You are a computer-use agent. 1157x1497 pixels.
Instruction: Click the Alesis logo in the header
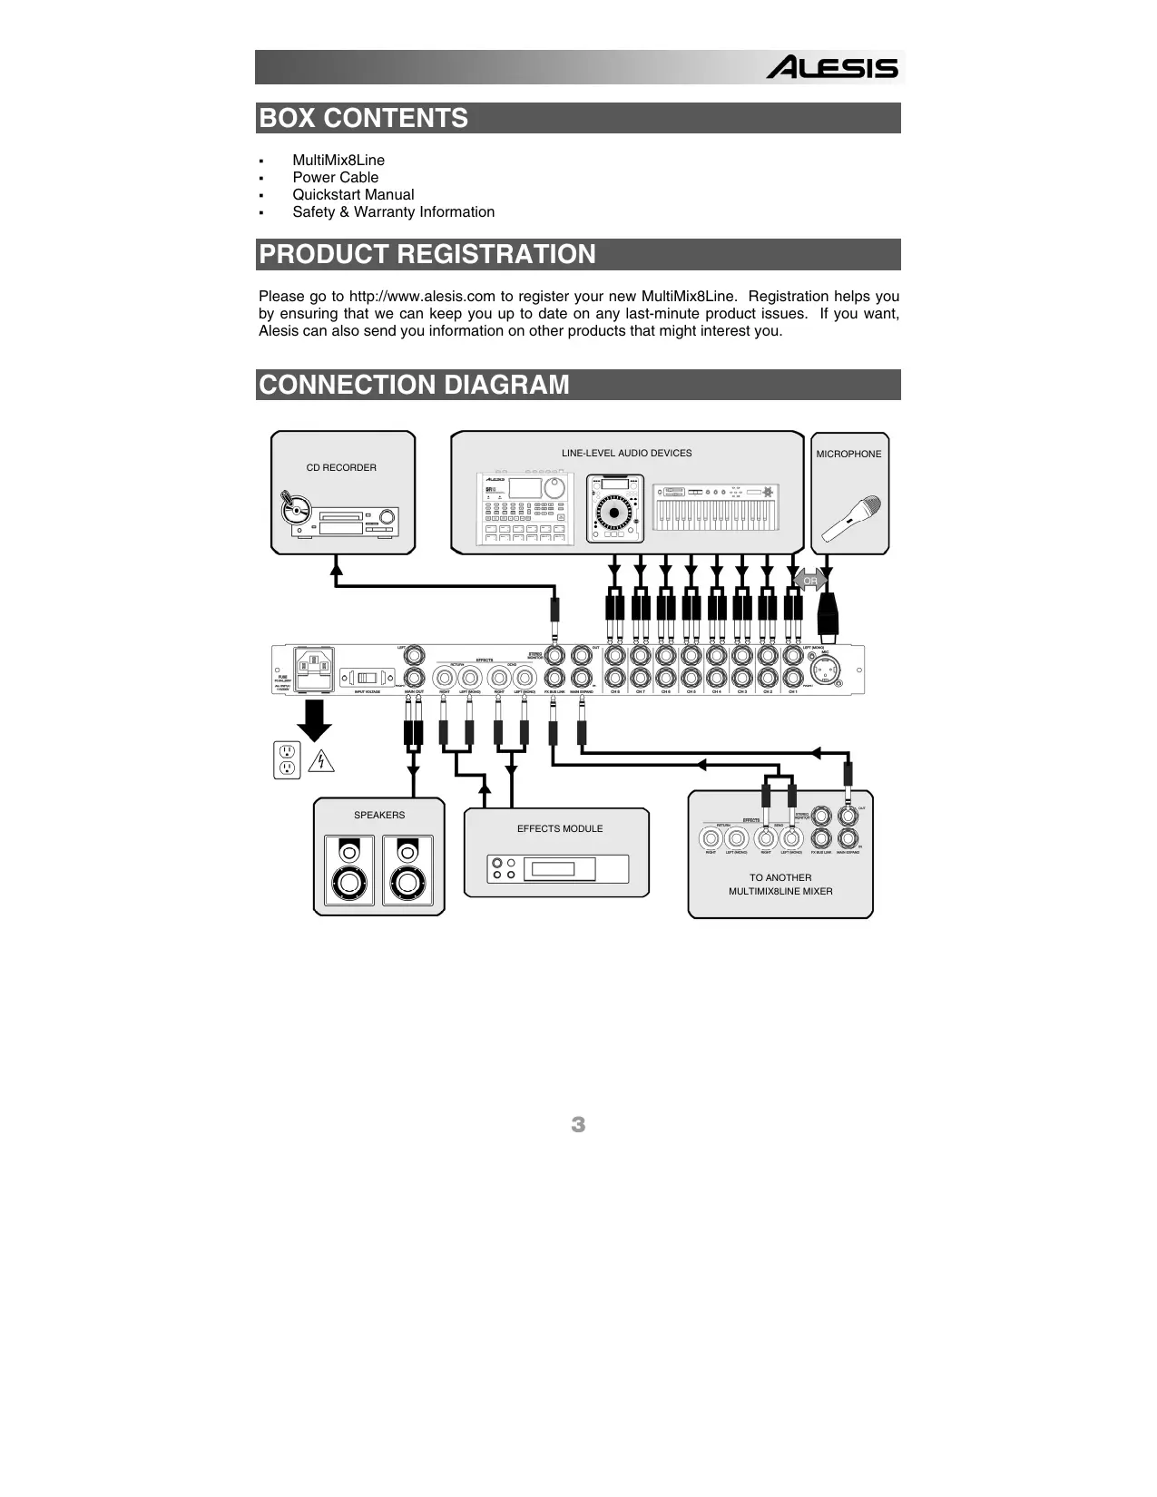point(832,68)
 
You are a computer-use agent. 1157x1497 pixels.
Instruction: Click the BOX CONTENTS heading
point(364,119)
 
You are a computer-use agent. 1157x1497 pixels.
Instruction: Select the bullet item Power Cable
point(335,178)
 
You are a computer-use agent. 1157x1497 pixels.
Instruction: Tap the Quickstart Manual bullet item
point(353,195)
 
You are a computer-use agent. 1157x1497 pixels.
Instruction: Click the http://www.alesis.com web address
point(422,297)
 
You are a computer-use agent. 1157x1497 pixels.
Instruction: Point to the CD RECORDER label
point(341,468)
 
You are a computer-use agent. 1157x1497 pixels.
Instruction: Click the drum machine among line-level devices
point(525,509)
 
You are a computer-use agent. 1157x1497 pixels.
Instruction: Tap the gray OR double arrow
point(809,581)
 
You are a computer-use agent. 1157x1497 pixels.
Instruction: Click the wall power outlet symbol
point(287,759)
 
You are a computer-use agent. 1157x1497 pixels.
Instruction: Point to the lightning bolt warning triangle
point(320,760)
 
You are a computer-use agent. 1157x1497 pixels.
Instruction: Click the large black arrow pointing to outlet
point(315,719)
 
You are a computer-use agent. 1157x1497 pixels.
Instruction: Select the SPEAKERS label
point(379,816)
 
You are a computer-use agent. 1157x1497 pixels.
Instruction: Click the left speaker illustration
point(349,870)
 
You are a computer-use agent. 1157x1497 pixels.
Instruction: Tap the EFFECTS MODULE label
point(560,829)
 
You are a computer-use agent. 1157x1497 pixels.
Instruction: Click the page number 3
point(578,1125)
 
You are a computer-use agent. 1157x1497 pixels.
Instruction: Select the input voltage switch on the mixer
point(368,678)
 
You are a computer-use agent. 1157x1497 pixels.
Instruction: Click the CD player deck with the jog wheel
point(614,509)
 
